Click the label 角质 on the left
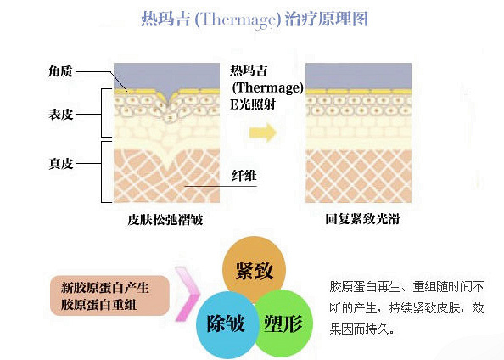click(x=60, y=71)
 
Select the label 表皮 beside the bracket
click(x=61, y=115)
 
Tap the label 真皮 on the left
click(x=61, y=163)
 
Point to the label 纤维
click(x=244, y=176)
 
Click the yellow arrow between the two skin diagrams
click(x=263, y=132)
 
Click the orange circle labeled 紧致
click(x=254, y=269)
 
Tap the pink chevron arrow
click(x=188, y=294)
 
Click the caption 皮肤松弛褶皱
click(x=165, y=220)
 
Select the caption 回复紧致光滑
click(x=362, y=219)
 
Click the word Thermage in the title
click(x=235, y=20)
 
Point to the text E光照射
click(x=253, y=104)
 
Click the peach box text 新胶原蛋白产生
click(x=105, y=287)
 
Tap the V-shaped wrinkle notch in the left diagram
click(x=169, y=99)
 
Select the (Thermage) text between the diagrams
click(x=267, y=87)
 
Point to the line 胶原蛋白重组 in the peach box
click(x=98, y=305)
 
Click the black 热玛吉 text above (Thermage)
click(x=249, y=70)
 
